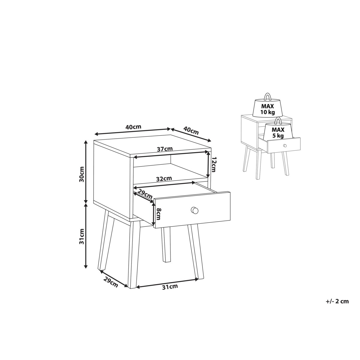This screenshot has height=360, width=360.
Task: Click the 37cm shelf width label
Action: pos(165,149)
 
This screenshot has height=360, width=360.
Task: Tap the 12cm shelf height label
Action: pos(213,165)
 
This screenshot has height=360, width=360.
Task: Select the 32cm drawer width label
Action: pos(164,179)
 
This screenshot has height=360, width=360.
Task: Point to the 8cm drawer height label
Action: pos(159,214)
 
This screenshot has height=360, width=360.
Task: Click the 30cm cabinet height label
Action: pos(82,174)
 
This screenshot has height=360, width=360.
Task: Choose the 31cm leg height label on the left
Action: pos(82,236)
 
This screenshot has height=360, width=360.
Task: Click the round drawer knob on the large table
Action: pos(194,210)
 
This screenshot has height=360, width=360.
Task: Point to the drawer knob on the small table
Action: pos(285,145)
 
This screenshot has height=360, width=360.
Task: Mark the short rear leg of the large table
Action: pos(166,244)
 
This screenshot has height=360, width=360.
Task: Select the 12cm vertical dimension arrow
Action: pos(208,165)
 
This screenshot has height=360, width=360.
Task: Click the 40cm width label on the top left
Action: pos(133,127)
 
